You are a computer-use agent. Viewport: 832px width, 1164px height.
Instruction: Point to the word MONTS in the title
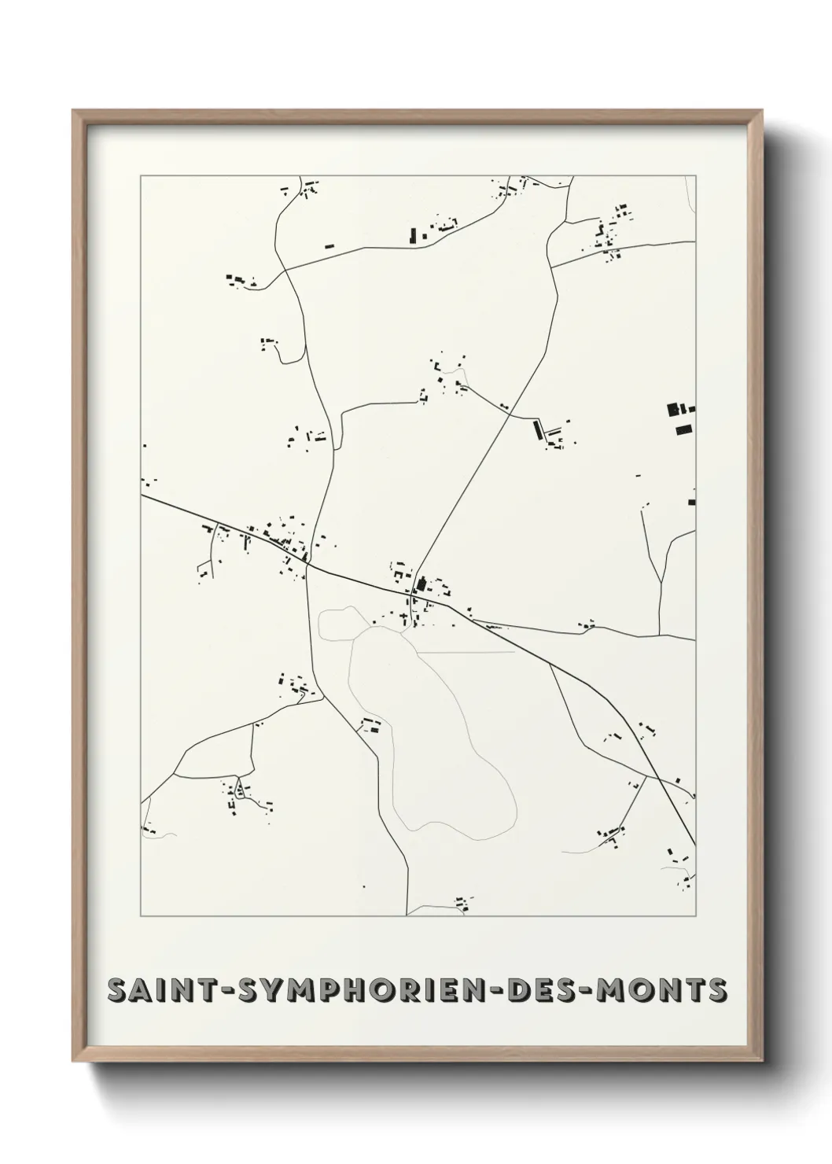coord(662,990)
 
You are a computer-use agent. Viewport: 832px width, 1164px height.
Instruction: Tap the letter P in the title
coord(323,990)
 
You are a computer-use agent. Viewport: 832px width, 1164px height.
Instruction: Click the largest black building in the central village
coord(421,584)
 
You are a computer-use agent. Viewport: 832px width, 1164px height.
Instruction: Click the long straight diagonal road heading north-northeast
coord(472,472)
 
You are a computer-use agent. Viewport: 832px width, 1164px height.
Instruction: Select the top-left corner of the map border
coord(141,176)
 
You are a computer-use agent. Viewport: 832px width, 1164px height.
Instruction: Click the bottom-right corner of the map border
coord(696,916)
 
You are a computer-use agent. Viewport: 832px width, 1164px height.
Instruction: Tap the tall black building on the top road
coord(412,234)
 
